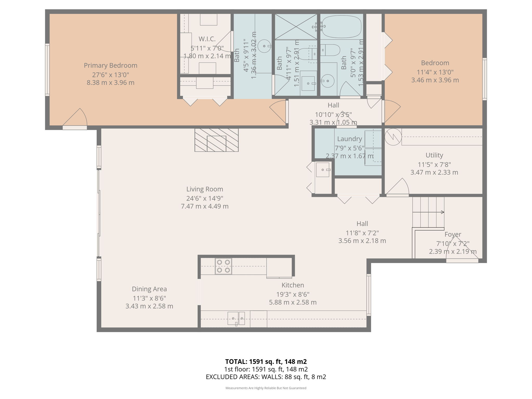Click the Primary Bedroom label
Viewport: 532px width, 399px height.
tap(110, 65)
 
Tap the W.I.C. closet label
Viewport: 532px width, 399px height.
tap(207, 39)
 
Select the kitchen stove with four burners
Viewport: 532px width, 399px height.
tap(223, 266)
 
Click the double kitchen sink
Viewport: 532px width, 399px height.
tap(236, 318)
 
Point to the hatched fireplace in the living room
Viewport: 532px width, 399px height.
tap(216, 140)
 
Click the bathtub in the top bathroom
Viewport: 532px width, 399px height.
tap(341, 26)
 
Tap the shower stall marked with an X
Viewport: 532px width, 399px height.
tap(296, 27)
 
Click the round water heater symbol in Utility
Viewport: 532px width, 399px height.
tap(393, 137)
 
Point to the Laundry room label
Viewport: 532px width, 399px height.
tap(349, 139)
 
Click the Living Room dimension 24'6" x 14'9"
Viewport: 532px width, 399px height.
tap(205, 198)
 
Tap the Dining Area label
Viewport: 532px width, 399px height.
tap(149, 289)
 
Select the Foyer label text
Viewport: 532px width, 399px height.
tap(453, 234)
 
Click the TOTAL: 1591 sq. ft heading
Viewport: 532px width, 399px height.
tap(266, 362)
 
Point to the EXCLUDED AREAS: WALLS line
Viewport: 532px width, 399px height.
tap(266, 377)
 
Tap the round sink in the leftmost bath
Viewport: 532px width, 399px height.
tap(264, 46)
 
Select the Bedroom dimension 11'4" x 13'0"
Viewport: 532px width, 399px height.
tap(435, 72)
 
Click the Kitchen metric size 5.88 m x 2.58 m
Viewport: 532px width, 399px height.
tap(293, 302)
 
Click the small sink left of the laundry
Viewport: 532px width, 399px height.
tap(323, 170)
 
